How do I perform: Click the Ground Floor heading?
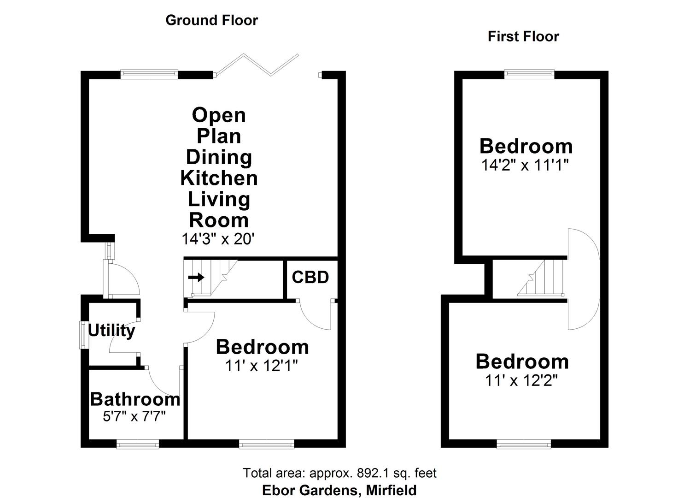point(211,20)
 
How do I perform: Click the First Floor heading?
point(523,36)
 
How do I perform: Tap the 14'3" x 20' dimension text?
point(218,239)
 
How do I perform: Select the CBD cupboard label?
point(310,277)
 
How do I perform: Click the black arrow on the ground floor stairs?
point(196,277)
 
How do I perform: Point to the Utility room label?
point(111,331)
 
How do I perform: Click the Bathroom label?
point(135,399)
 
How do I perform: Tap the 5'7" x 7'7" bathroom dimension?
point(134,416)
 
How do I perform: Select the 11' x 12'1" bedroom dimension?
point(261,366)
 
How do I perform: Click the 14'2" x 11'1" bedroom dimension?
point(526,165)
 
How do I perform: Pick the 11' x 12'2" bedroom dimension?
point(521,380)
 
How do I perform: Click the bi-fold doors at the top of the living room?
point(258,65)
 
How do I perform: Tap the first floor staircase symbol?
point(541,278)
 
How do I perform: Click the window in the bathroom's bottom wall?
point(138,444)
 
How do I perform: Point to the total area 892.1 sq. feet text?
point(339,473)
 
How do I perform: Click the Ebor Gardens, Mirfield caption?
point(339,490)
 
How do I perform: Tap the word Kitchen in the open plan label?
point(219,178)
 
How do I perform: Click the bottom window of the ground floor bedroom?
point(266,444)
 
